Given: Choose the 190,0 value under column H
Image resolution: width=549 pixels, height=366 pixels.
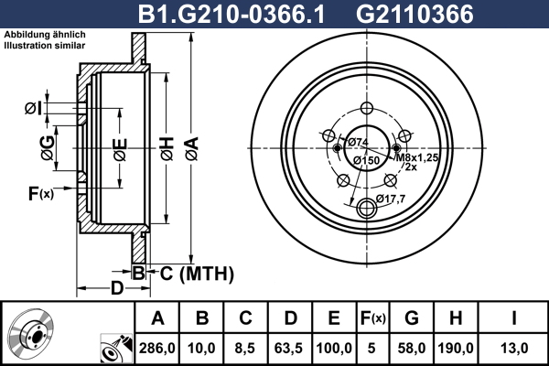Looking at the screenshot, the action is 457,347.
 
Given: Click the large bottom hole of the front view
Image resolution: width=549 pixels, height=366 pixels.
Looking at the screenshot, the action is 369,204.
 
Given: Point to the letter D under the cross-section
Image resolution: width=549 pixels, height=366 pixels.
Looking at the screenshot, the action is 117,288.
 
